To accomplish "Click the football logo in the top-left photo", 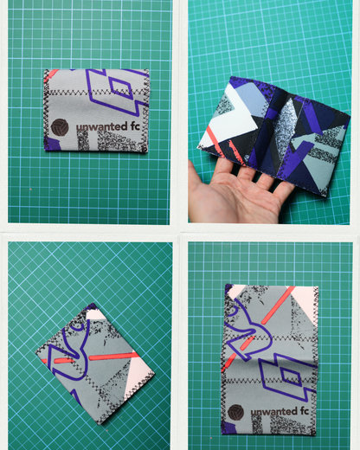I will (59, 126).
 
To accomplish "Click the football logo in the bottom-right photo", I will (234, 412).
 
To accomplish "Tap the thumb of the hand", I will (201, 185).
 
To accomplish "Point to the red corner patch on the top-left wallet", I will (51, 74).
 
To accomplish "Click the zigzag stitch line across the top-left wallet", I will (95, 111).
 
